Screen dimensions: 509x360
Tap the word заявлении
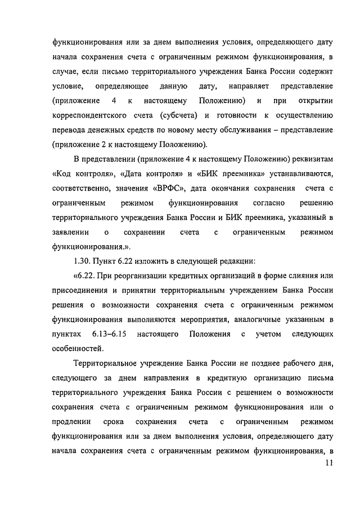(x=69, y=232)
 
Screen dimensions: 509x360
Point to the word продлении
(x=70, y=422)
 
